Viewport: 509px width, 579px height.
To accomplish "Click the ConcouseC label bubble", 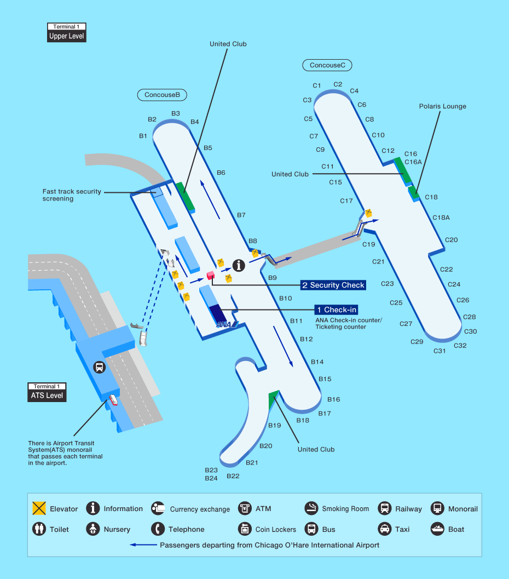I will point(327,65).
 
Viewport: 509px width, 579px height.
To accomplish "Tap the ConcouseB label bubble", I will point(162,95).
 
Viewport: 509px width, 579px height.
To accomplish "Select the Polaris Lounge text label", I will point(442,106).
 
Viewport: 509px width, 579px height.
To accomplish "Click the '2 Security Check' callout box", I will point(333,285).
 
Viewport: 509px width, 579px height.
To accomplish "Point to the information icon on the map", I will point(239,266).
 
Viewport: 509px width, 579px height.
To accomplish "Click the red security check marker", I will point(210,275).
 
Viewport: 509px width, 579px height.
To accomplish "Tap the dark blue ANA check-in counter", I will point(218,313).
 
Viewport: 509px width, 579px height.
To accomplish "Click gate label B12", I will point(306,340).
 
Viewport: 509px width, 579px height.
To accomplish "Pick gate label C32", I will point(460,346).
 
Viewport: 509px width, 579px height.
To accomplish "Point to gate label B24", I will point(211,478).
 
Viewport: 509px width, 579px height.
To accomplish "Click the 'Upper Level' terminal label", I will point(67,36).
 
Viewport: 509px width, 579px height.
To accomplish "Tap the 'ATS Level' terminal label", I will point(47,395).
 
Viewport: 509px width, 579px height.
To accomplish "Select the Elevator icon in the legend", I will point(39,508).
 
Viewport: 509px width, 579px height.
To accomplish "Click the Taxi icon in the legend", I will point(385,529).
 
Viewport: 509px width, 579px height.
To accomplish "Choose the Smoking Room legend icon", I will point(311,508).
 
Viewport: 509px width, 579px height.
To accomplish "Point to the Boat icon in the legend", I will point(438,529).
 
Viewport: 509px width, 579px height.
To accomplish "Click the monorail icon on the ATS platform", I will point(99,368).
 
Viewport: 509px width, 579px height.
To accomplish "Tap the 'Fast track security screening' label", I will point(72,195).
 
